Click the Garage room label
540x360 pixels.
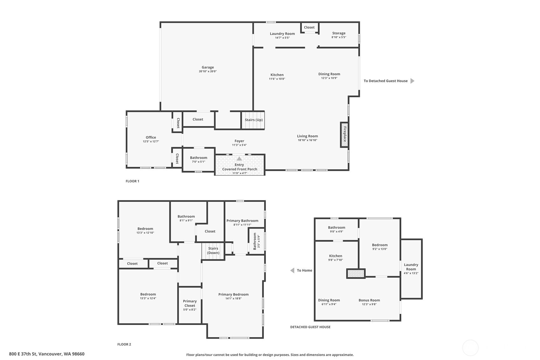click(207, 67)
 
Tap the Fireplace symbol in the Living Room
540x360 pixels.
click(344, 135)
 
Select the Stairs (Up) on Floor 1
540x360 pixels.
click(253, 120)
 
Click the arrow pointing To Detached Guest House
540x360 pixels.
click(412, 81)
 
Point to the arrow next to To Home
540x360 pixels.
click(292, 271)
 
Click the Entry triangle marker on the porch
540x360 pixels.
click(239, 159)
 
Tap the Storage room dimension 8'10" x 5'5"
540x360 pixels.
click(339, 37)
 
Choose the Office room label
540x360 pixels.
click(151, 138)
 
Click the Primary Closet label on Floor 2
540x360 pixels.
click(190, 303)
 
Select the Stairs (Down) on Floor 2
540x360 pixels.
click(213, 251)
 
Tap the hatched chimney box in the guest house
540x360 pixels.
click(356, 273)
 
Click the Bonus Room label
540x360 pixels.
click(369, 300)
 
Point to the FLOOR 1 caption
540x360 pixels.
click(132, 181)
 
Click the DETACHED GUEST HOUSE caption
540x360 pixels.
click(310, 327)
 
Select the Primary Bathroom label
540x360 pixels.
click(242, 221)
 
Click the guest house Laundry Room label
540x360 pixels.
click(411, 267)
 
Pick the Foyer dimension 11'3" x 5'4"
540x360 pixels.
click(239, 145)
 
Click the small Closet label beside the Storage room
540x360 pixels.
click(309, 27)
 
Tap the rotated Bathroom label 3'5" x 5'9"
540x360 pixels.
click(255, 241)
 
